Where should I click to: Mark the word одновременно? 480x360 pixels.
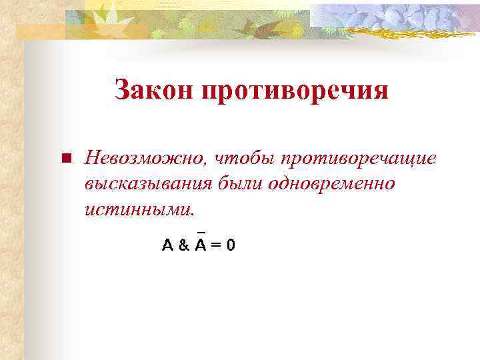point(331,183)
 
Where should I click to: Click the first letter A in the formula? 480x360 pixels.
point(168,245)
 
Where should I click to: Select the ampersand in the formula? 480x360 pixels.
point(184,245)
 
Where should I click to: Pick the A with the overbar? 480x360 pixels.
point(200,245)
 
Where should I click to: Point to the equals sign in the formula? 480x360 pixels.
point(215,245)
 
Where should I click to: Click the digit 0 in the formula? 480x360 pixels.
point(230,245)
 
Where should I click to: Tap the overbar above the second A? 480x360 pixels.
point(200,233)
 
